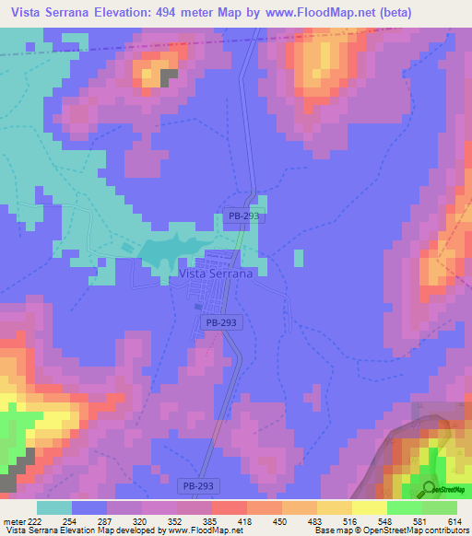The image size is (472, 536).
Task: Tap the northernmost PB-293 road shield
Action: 244,216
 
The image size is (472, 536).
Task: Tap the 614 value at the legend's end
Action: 454,520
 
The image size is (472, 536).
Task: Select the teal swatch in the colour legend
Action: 53,507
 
